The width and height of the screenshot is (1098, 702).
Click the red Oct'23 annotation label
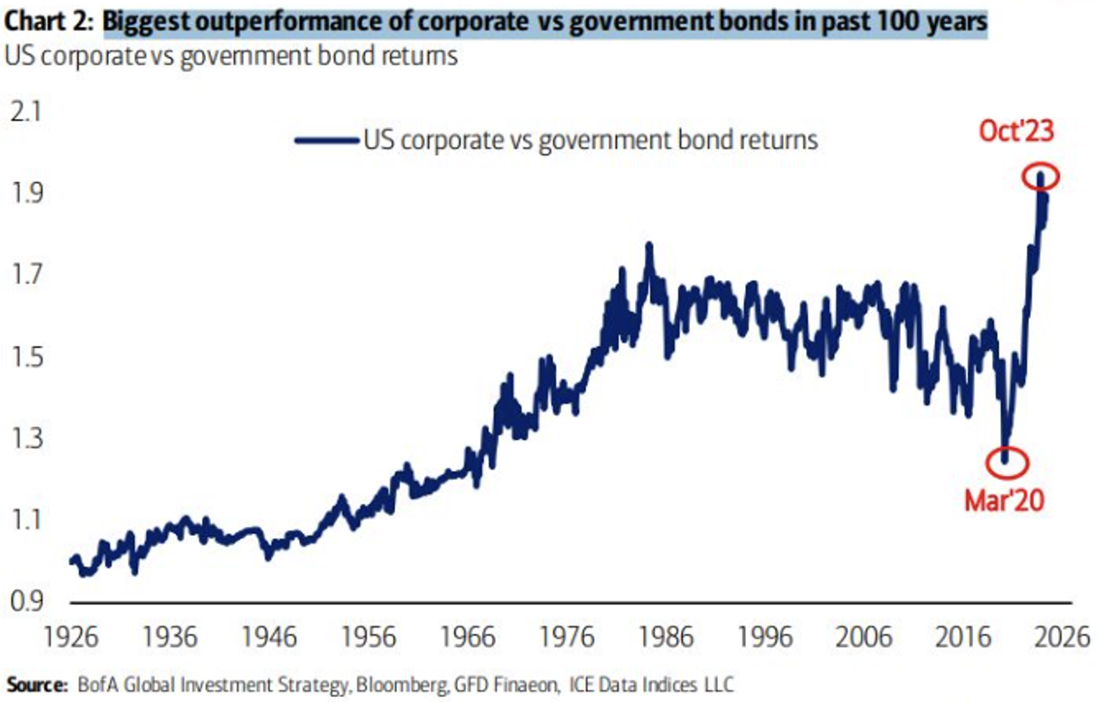click(1016, 131)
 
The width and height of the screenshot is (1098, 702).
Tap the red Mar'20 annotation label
click(1004, 500)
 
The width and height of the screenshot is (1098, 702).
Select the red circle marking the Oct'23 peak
click(1040, 177)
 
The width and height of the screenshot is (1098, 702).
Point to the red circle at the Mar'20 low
click(1007, 462)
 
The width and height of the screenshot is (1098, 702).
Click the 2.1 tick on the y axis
click(26, 112)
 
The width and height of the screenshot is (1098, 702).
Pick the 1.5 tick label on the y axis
click(26, 357)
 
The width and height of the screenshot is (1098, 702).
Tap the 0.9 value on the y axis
click(26, 602)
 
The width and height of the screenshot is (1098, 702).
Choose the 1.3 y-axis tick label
click(26, 439)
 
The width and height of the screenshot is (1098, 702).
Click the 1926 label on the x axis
click(71, 638)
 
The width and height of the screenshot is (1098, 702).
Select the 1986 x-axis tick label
click(666, 638)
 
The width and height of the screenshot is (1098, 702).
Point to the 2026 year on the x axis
click(1062, 638)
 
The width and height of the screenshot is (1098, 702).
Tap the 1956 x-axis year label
click(368, 638)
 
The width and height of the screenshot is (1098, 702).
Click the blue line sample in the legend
click(326, 140)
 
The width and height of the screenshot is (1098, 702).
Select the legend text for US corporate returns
click(590, 140)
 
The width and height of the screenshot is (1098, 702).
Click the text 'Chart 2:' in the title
click(48, 21)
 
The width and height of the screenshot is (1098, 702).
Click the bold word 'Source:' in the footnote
click(37, 685)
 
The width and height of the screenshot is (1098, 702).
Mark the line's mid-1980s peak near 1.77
click(649, 246)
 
